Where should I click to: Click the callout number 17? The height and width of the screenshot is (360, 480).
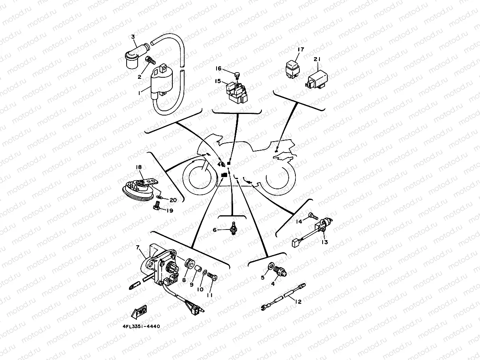point(301,50)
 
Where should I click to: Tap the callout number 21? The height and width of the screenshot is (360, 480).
point(318,60)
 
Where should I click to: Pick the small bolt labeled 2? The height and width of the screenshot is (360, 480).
point(150,60)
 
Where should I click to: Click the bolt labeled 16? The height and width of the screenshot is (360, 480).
point(237,74)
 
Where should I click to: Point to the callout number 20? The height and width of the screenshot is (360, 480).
point(173,200)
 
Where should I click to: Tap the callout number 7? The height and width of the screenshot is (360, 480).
point(137,247)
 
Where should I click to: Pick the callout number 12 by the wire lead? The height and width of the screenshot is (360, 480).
point(298,302)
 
